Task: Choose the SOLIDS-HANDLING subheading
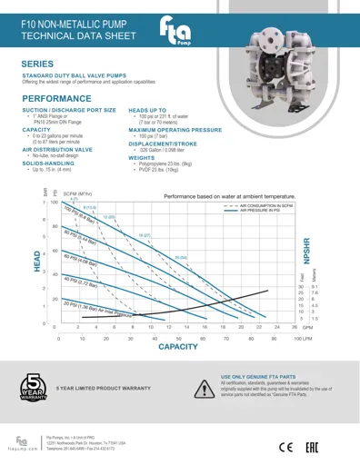tap(45, 163)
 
